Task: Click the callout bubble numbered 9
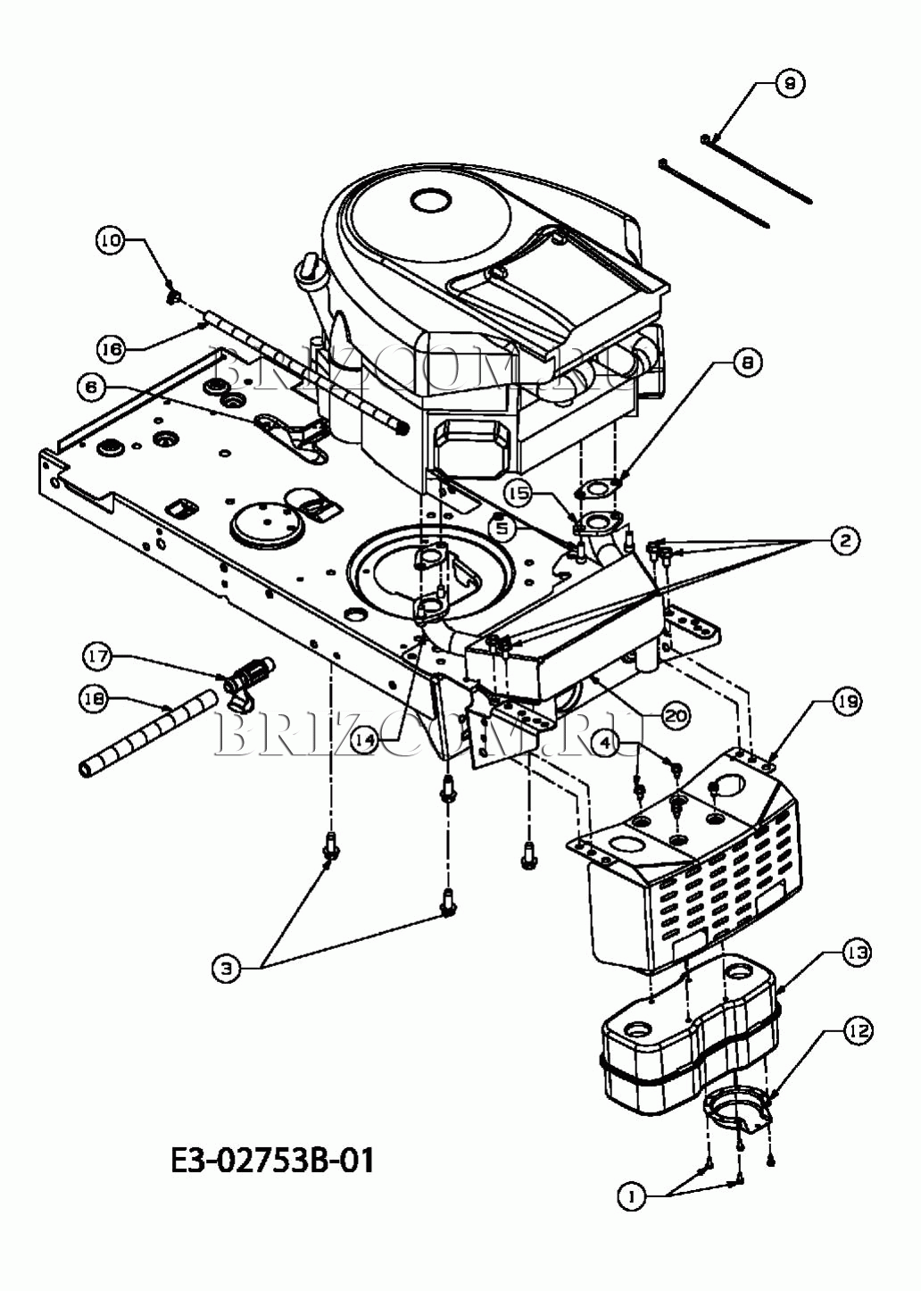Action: [790, 84]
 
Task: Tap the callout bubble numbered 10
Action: [111, 240]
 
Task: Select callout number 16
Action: [111, 349]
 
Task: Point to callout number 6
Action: [92, 387]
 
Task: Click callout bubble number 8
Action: [747, 362]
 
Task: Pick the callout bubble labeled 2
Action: [845, 541]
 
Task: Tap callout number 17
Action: [98, 656]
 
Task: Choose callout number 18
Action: [94, 699]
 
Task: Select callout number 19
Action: [847, 702]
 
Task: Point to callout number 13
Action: [858, 953]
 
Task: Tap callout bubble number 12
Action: [859, 1030]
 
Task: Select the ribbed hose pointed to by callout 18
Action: [148, 729]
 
